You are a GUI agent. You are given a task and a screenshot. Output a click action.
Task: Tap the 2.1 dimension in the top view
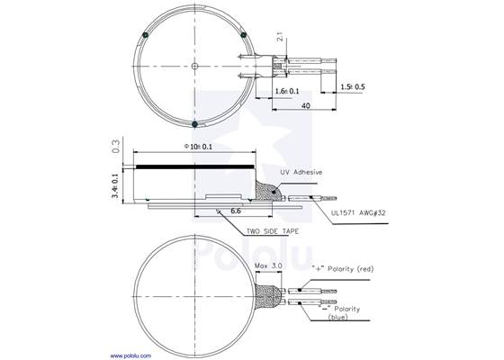click(281, 38)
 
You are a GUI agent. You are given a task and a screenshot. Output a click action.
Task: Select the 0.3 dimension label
click(115, 147)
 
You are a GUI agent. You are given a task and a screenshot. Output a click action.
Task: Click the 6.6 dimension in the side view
click(235, 210)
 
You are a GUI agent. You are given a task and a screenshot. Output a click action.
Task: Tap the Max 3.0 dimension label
click(269, 267)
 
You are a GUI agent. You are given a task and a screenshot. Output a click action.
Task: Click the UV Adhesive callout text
click(301, 172)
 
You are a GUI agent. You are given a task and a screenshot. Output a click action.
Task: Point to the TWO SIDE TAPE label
click(275, 231)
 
